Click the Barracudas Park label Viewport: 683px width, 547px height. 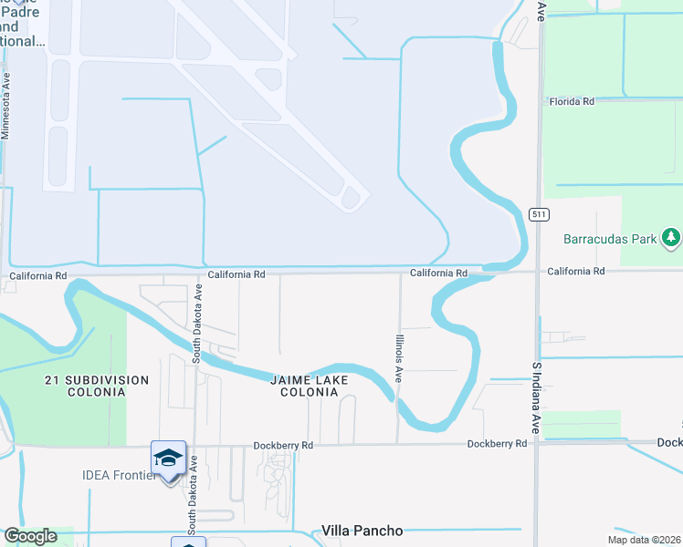coord(610,240)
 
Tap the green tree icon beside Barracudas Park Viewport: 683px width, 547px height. coord(672,239)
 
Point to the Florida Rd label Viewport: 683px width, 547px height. coord(572,101)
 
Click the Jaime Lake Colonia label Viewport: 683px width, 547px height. coord(304,386)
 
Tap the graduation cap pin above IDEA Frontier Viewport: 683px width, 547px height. coord(168,459)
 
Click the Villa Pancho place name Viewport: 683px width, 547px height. coord(363,531)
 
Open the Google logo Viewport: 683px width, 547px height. coord(30,536)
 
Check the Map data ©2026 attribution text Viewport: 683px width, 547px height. coord(643,540)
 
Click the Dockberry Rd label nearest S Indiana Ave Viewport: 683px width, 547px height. coord(498,444)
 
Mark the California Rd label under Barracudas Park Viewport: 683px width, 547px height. coord(576,272)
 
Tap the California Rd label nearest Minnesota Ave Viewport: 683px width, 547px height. coord(38,274)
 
